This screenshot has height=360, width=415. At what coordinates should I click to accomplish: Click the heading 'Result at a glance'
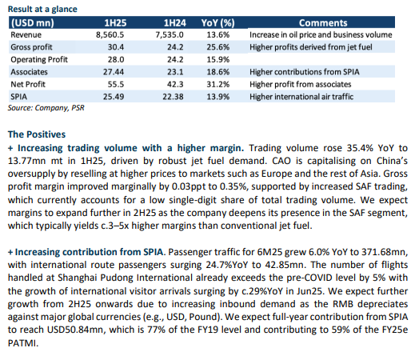42,9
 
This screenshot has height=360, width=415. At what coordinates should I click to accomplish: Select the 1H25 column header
115,23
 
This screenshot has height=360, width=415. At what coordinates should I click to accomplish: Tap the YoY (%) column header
217,23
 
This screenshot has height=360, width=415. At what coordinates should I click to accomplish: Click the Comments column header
323,23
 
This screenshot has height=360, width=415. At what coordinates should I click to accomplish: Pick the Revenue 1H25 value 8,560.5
110,35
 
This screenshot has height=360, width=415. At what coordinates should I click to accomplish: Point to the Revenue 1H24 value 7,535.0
170,35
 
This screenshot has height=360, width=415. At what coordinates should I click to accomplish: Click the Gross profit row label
31,47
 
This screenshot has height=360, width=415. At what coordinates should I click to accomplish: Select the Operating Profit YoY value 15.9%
218,59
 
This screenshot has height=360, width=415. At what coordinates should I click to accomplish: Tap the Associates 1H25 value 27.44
114,72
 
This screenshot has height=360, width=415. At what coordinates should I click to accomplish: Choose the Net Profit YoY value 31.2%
218,84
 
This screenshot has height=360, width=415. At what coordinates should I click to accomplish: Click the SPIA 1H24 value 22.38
173,97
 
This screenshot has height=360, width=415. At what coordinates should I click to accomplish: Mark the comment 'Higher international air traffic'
301,97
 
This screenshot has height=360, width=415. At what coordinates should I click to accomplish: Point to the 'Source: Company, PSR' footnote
46,108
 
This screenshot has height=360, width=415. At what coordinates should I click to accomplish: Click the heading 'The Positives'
37,134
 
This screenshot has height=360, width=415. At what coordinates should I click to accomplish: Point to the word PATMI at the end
23,343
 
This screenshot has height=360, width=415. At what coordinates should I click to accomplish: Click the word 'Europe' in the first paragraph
277,174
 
